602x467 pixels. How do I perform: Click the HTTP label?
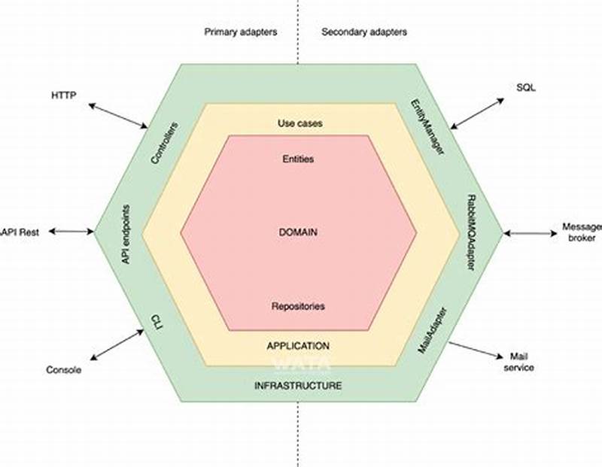point(63,96)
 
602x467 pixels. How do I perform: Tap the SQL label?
point(526,87)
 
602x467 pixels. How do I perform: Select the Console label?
point(63,370)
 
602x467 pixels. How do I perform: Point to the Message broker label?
point(582,232)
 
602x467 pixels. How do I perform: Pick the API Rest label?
point(20,232)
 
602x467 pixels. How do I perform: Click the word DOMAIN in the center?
point(298,232)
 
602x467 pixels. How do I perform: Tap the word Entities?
point(298,159)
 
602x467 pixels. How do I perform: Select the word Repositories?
point(298,306)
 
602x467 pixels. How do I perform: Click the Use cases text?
point(299,123)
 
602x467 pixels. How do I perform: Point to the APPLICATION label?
point(298,346)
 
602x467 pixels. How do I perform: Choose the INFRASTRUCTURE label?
point(298,386)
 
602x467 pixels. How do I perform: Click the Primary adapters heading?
point(240,32)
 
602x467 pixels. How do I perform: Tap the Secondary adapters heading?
point(364,32)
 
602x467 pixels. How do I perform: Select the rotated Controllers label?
point(166,143)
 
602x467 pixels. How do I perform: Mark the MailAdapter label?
point(433,330)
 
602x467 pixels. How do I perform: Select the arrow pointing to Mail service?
point(476,350)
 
